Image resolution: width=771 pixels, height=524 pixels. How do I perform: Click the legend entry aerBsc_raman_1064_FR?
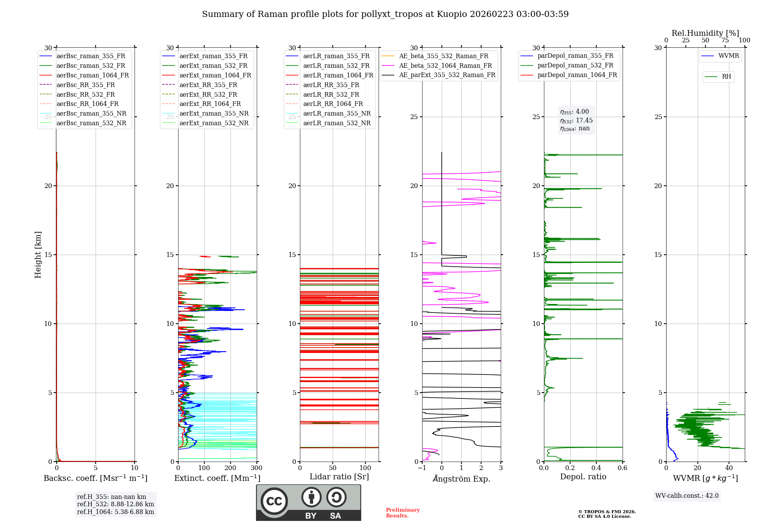93,75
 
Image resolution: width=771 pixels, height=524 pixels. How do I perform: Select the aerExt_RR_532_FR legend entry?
208,94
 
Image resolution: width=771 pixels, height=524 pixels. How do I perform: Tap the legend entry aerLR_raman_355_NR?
337,113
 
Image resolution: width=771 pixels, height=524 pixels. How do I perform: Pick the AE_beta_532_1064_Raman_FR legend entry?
445,65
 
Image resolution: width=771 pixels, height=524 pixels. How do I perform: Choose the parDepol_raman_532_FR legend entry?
575,65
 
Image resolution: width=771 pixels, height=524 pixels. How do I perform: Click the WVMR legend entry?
729,56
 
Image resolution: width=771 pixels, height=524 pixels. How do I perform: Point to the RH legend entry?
726,77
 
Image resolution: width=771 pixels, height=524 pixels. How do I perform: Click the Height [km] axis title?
38,254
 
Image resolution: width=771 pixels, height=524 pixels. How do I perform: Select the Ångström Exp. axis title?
461,479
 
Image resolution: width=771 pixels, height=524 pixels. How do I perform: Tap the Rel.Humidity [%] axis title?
705,33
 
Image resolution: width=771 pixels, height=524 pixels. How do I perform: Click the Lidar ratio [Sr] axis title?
339,477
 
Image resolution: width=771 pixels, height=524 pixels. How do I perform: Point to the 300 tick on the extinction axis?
256,468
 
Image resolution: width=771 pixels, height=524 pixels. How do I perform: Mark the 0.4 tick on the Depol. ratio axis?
596,468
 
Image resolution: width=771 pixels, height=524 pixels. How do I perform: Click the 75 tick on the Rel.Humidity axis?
725,40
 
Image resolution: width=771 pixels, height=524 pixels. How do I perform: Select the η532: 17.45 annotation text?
576,121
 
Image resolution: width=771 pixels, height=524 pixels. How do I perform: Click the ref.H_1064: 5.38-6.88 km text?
115,512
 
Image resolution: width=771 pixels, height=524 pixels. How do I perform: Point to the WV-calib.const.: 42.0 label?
687,495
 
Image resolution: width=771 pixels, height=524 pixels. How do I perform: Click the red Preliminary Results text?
402,512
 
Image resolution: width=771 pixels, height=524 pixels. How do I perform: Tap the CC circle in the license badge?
274,501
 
